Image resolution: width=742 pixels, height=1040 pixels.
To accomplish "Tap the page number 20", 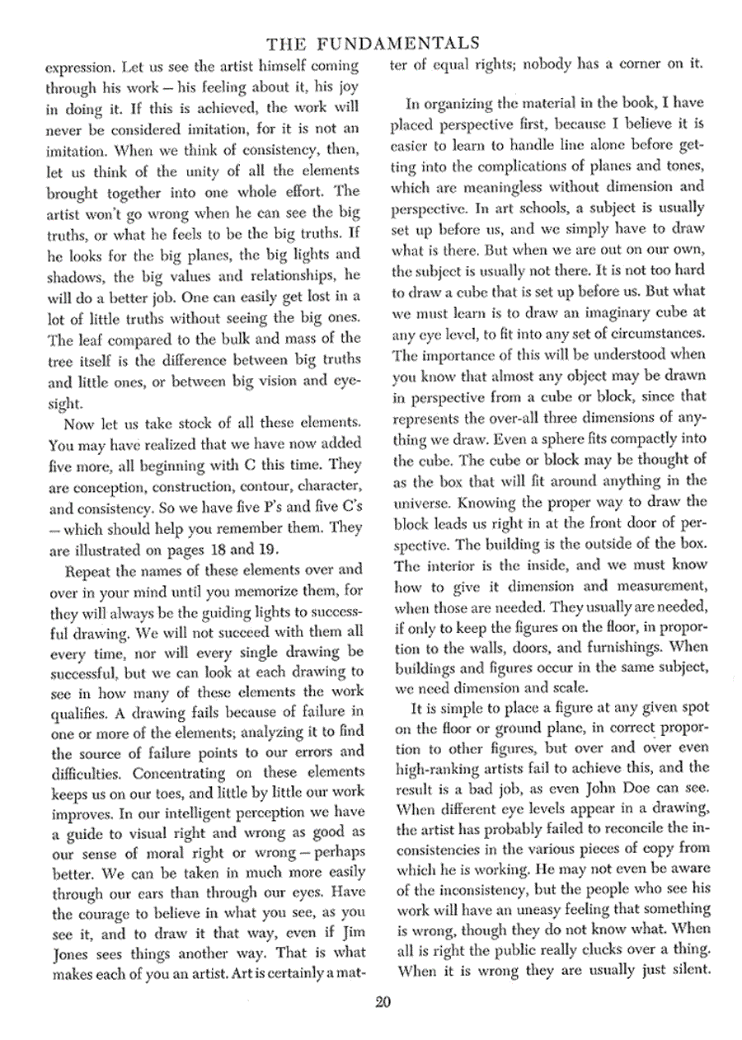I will tap(382, 1002).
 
